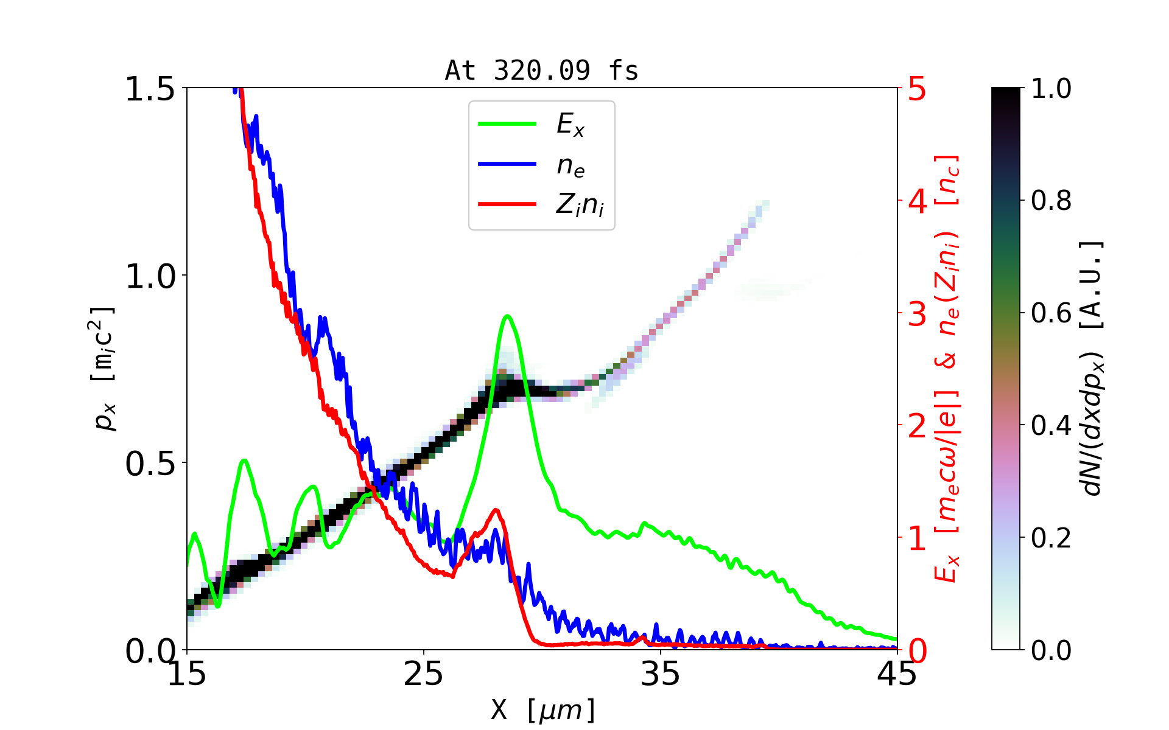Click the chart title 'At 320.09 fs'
541,71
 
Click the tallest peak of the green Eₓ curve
507,316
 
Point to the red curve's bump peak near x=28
496,510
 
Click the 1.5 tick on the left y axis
150,89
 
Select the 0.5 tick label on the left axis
150,464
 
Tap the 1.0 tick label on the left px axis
150,277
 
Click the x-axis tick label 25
423,674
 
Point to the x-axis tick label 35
660,674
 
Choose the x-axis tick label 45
897,674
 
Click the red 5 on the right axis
918,89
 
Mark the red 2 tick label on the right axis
918,426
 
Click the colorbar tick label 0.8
1051,201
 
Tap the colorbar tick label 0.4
1051,426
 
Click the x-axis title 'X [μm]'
543,709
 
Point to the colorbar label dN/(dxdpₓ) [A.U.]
1092,368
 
